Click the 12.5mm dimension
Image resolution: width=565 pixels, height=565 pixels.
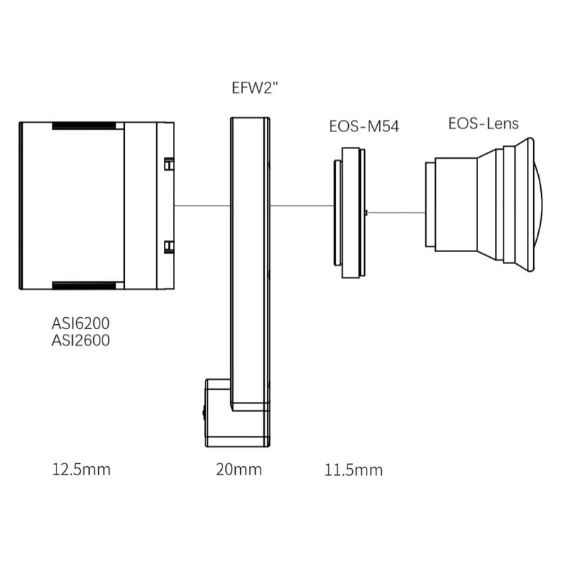[x=81, y=469]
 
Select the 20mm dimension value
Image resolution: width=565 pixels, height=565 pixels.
[x=239, y=469]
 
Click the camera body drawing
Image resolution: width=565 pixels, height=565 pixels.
[x=78, y=206]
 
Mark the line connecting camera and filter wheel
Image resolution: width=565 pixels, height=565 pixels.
[x=203, y=206]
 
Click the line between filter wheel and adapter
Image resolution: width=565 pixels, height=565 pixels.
[x=302, y=206]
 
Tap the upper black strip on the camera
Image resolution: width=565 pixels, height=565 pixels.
[x=84, y=126]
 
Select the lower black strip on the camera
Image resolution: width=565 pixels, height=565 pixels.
[x=84, y=285]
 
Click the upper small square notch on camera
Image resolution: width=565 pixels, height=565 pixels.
[x=169, y=164]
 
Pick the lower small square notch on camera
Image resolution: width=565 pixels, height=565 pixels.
[x=169, y=246]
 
